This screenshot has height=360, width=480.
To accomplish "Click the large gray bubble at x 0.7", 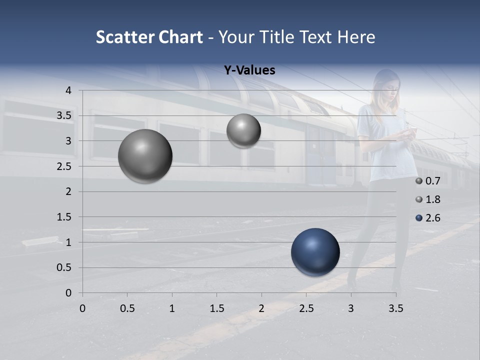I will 145,156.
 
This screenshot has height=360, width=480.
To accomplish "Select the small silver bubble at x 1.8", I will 243,131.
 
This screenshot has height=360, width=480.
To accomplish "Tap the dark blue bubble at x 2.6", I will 315,252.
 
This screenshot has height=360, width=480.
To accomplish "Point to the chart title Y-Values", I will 249,70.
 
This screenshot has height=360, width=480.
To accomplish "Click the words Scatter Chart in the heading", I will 149,37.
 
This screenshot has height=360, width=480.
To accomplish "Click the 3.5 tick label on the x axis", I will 395,309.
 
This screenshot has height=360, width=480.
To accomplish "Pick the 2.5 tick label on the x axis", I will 306,309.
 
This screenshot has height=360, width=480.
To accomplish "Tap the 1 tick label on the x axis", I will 172,309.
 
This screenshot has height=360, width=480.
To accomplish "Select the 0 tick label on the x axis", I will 82,309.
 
